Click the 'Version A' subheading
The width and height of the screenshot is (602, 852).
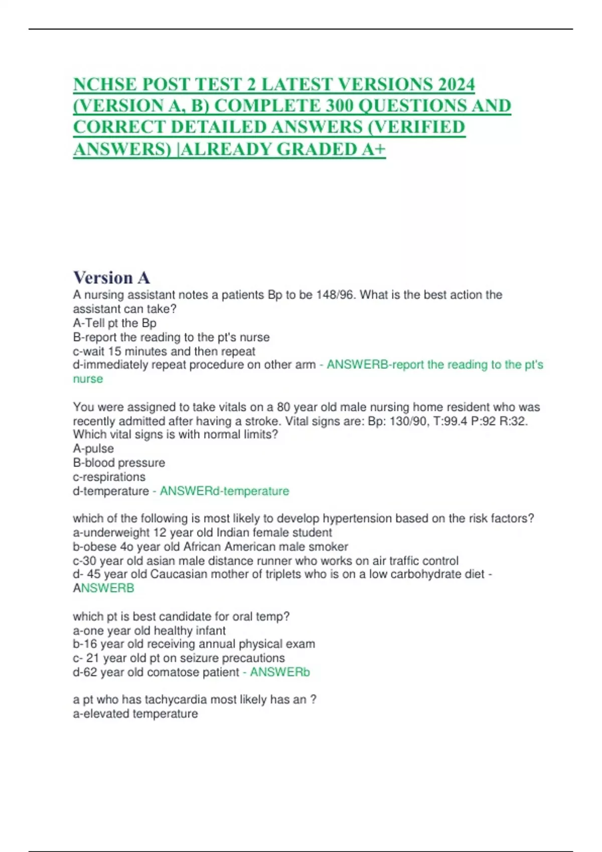pyautogui.click(x=111, y=277)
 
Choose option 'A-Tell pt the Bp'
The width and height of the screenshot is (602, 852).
pyautogui.click(x=114, y=323)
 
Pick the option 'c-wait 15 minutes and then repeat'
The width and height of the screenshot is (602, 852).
pyautogui.click(x=164, y=351)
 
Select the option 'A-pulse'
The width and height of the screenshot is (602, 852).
pyautogui.click(x=93, y=448)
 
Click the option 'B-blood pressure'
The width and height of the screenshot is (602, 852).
pyautogui.click(x=119, y=462)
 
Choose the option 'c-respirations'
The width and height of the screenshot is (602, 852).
pyautogui.click(x=109, y=476)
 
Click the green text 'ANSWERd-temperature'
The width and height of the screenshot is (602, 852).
pyautogui.click(x=224, y=491)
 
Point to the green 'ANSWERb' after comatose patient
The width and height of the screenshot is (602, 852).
pyautogui.click(x=279, y=672)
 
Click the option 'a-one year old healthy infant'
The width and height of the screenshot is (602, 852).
pyautogui.click(x=149, y=630)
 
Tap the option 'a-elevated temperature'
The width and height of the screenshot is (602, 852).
pyautogui.click(x=135, y=713)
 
